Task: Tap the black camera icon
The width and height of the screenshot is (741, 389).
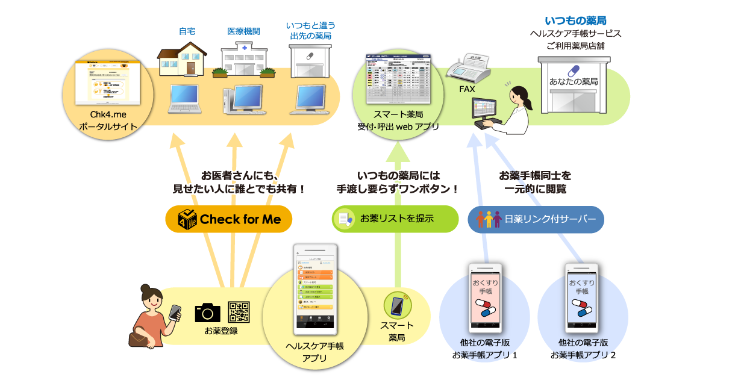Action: coord(208,312)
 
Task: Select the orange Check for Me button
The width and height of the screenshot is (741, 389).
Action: coord(228,219)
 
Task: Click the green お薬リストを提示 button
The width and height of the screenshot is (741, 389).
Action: coord(395,219)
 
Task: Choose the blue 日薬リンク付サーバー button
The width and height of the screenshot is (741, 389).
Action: coord(536,219)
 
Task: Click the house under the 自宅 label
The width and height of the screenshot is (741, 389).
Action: coord(183,58)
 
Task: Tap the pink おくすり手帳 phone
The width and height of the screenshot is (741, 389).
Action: coord(485,295)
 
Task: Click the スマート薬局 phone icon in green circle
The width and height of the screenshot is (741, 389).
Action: coord(397,306)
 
